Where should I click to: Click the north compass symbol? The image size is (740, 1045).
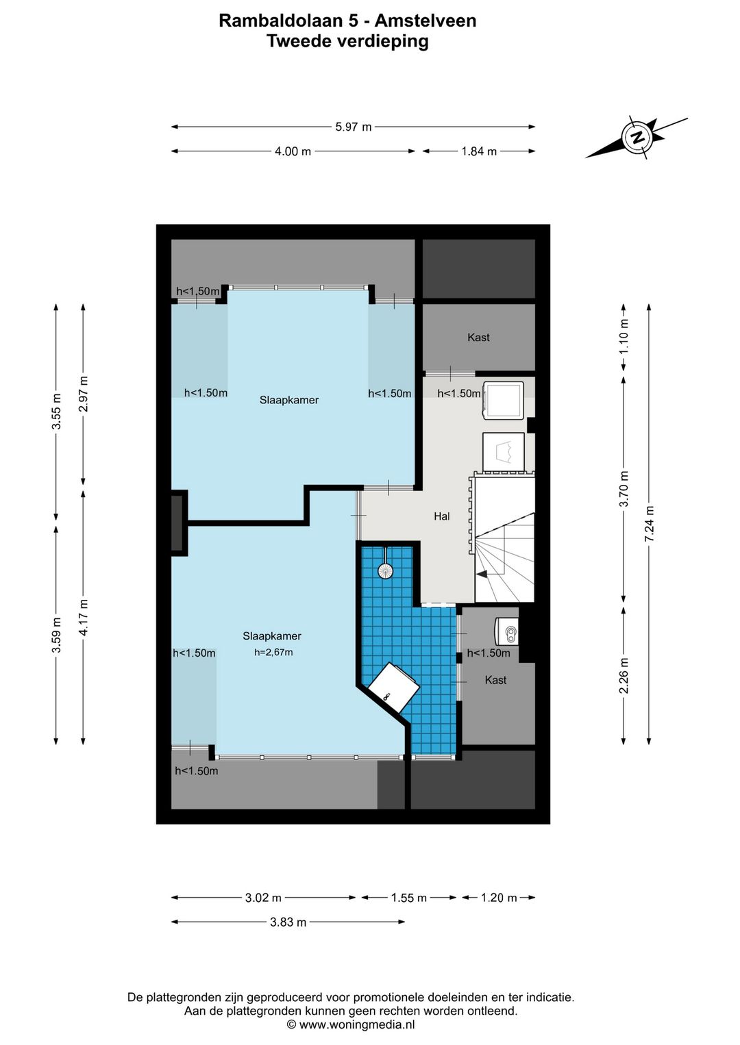coord(636,137)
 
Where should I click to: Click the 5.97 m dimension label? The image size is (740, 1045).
coord(354,127)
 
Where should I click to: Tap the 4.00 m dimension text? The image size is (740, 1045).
coord(293,151)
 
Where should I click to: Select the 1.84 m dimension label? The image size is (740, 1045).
coord(479,151)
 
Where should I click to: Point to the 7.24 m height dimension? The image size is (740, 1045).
coord(649,523)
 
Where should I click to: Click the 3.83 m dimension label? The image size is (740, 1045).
coord(288,922)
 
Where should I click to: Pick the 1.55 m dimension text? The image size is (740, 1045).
coord(409,898)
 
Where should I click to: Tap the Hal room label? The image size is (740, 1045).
coord(442,516)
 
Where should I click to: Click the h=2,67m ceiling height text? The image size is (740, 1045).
coord(273,652)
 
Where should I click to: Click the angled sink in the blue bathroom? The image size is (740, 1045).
coord(393,688)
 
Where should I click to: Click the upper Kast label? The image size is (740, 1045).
coord(478,338)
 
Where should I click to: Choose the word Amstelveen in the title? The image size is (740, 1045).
coord(425,21)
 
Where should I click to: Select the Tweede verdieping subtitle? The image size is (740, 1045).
coord(347,41)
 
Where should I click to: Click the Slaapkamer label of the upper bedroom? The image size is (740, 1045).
coord(289,400)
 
